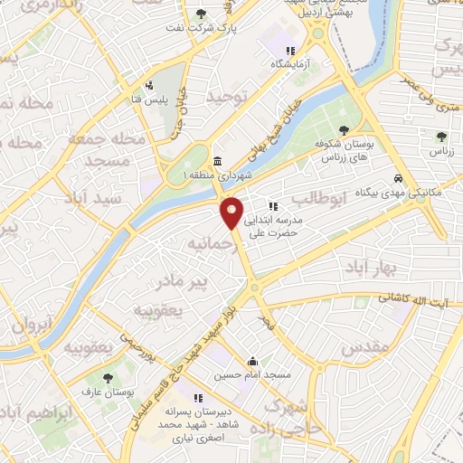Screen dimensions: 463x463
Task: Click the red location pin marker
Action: pos(232,212)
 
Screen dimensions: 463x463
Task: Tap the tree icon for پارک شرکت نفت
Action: pos(201,14)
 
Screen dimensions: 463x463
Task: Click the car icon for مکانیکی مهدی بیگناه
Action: pos(399,179)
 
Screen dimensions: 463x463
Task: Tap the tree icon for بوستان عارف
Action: pos(109,379)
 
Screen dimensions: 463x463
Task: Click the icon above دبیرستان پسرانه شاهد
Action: pos(197,397)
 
